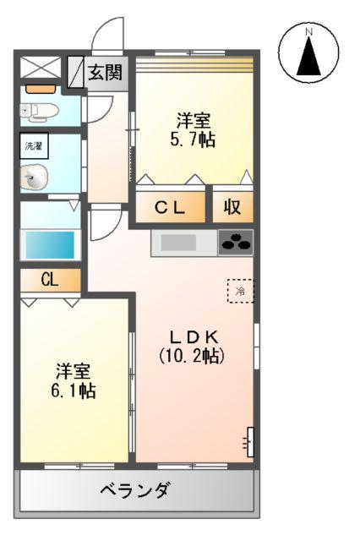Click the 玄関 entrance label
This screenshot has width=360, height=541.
pos(106,73)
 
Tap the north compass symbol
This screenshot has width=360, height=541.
pos(309,54)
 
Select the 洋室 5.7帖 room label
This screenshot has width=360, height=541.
pos(194,129)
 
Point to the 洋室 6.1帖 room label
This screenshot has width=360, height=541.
pos(74,380)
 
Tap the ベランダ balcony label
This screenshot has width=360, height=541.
pos(135,489)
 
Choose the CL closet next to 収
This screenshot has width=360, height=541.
pos(172,207)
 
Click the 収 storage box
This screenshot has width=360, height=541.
pos(232,207)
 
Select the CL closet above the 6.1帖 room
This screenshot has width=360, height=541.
pos(49,280)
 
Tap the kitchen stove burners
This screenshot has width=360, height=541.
pos(236,243)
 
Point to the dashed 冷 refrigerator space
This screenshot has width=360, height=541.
pos(241,292)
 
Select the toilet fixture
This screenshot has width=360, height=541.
pos(37,110)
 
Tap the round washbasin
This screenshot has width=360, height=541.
pos(35,178)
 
